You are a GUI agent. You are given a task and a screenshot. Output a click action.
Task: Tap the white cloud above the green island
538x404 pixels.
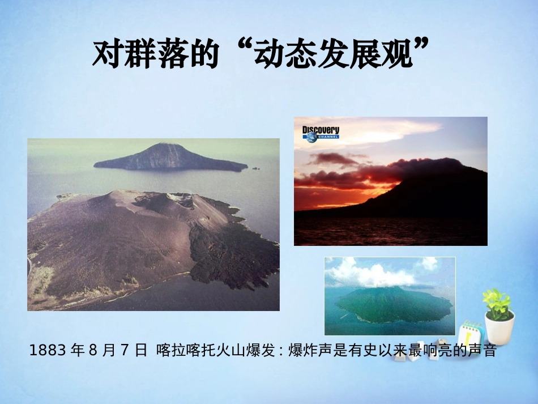click(374, 274)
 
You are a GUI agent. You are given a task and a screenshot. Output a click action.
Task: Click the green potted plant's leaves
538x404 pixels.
click(497, 303)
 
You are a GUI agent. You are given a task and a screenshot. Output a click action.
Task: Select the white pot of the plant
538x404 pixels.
click(499, 329)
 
